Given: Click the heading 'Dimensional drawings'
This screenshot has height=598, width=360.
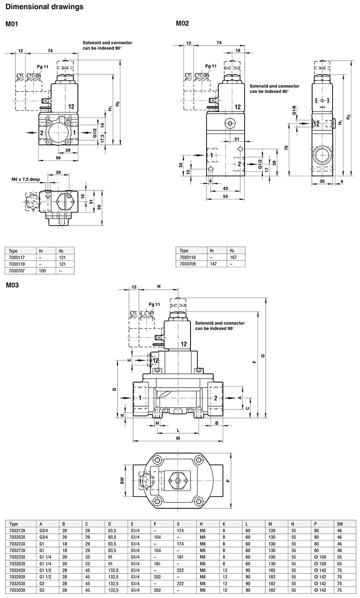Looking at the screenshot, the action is pos(44,7).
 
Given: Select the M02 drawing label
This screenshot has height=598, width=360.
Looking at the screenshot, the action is pos(182,24).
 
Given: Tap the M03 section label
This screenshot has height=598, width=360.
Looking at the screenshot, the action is pos(12,285).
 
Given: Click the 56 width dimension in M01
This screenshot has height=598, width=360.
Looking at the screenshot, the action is pos(58,158).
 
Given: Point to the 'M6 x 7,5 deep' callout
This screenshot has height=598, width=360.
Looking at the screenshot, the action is pos(26,179).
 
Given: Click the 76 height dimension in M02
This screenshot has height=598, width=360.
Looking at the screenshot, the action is pos(286,148).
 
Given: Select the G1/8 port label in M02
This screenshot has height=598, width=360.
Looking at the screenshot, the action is pos(294,110).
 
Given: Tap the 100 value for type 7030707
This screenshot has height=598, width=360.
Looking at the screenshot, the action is pos(42,271).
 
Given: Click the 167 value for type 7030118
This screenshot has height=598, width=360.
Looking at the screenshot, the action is pos(233,257).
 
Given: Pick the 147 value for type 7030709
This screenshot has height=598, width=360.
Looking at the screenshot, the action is pos(213,264).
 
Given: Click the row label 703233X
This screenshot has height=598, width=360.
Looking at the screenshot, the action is pos(17,557).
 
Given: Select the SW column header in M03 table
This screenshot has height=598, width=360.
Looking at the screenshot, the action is pos(339,524).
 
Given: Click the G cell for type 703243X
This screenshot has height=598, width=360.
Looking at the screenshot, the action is pos(180,570).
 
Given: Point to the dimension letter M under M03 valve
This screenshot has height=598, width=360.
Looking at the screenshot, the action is pos(178,438).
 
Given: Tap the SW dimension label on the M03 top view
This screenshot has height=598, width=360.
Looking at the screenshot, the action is pos(122,481).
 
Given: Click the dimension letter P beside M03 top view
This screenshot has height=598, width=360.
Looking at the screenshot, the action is pos(228,481).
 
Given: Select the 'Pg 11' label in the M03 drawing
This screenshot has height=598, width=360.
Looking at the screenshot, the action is pos(154,304).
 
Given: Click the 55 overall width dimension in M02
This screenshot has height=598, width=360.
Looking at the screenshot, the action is pos(226,196).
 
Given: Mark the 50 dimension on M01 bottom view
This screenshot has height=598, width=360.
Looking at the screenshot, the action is pos(99,207).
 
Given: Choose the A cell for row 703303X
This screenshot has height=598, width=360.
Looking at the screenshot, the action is pos(42,590).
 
